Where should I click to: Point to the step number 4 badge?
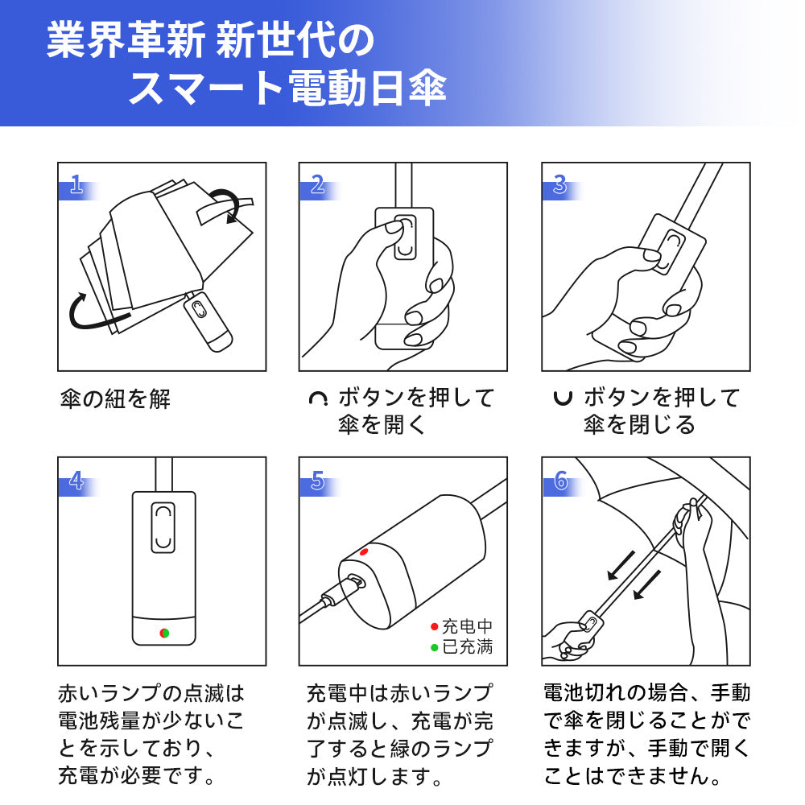point(76,481)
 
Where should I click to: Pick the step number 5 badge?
point(318,481)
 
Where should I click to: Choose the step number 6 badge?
point(560,481)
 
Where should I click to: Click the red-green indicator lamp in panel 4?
point(164,633)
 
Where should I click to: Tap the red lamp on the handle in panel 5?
point(364,552)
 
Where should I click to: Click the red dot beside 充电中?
point(435,626)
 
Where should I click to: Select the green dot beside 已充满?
point(435,648)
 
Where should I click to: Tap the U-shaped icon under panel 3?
point(563,398)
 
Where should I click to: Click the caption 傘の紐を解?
point(115,399)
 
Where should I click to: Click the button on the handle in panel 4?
point(163,528)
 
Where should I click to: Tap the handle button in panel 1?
point(199,309)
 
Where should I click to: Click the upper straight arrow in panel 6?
point(621,565)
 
